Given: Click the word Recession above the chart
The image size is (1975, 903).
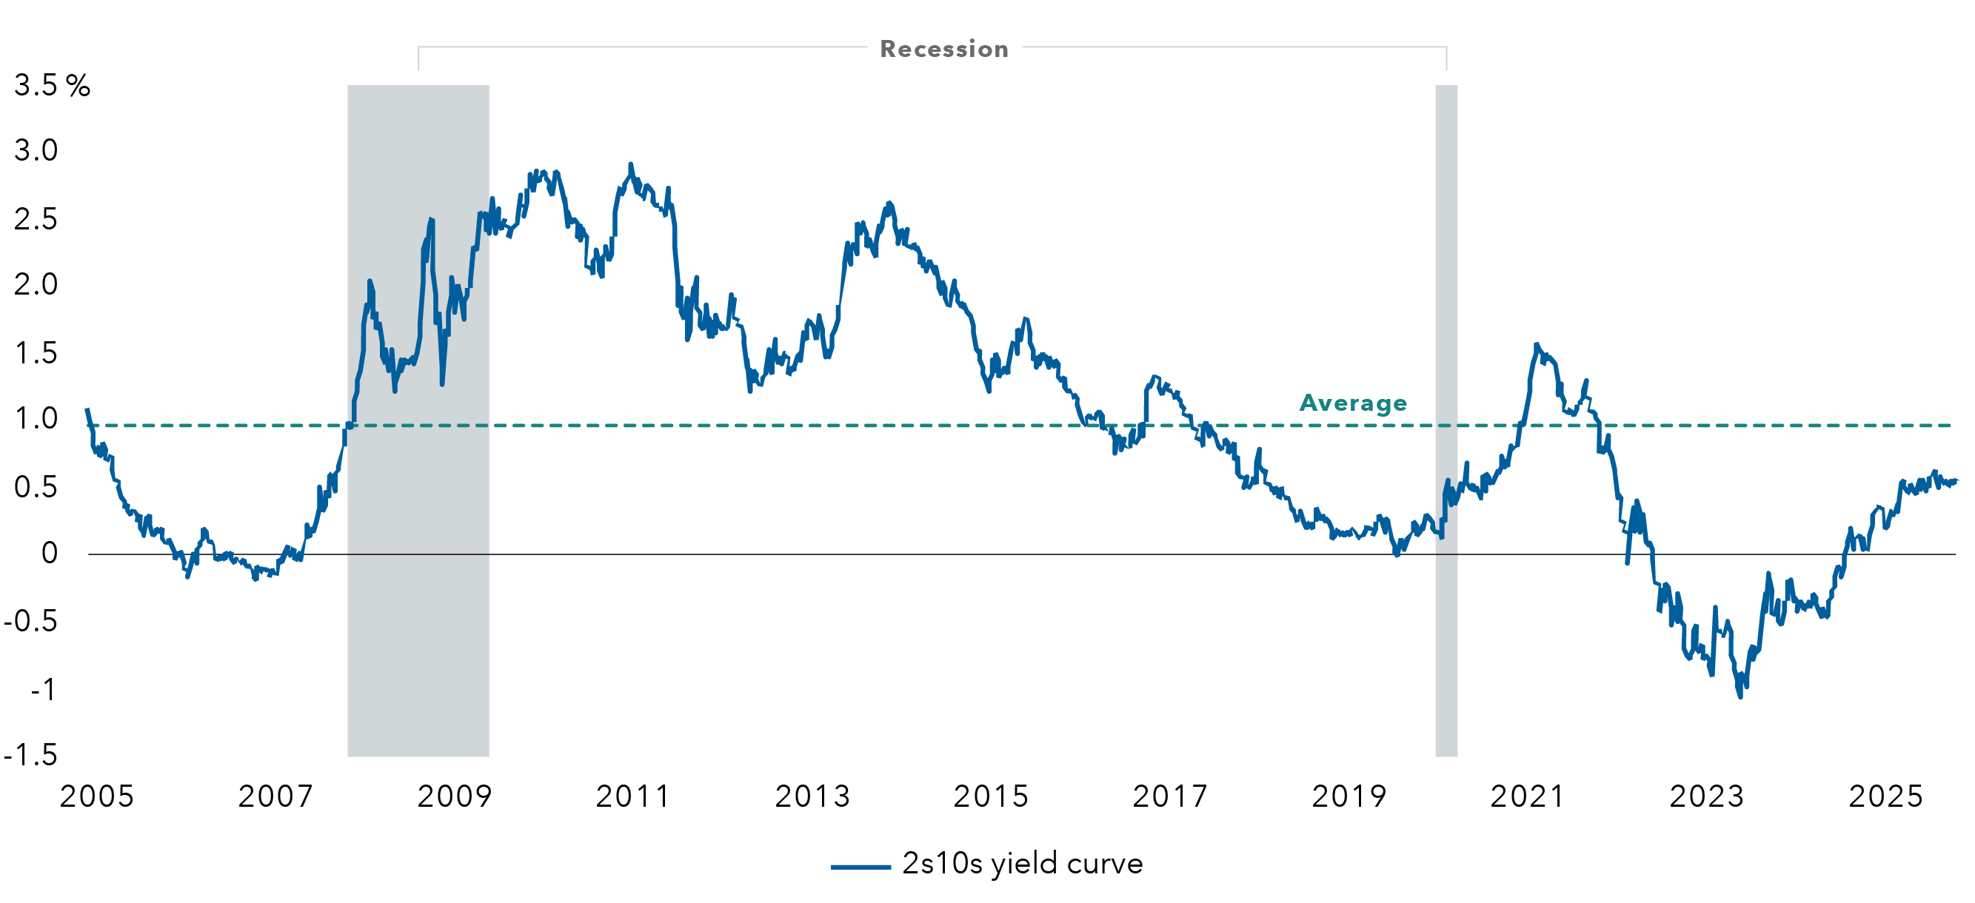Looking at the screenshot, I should pos(943,49).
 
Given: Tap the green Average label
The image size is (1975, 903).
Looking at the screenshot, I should pos(1353,403).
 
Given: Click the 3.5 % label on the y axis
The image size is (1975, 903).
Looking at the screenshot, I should pos(51,85).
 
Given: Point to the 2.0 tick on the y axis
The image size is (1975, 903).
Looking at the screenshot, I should pos(36,284).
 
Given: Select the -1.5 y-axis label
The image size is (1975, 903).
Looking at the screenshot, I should pos(30,755).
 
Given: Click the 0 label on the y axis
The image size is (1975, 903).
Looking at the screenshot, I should pos(49,553).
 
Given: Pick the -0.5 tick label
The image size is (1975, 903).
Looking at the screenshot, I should pos(30,621).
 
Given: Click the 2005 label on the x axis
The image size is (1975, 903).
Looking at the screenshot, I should pos(96,796).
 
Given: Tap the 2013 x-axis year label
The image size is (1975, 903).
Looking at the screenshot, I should pos(812,796).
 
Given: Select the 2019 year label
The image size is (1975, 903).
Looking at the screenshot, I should pos(1349,796).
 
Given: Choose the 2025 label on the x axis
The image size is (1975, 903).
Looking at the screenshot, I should pos(1886,796).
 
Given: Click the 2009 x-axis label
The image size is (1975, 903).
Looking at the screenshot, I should pos(455,796).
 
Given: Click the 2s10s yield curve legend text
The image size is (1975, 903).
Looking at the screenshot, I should pos(1022,864).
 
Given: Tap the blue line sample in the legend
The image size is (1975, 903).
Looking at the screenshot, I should pos(860,867).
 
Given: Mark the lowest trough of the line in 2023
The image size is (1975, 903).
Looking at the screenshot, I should pos(1740,696).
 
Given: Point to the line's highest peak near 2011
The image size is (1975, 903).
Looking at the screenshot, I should pos(630,164).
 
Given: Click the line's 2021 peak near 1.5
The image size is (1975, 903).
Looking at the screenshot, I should pos(1537,345).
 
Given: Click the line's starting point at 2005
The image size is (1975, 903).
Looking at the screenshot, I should pos(87,410).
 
